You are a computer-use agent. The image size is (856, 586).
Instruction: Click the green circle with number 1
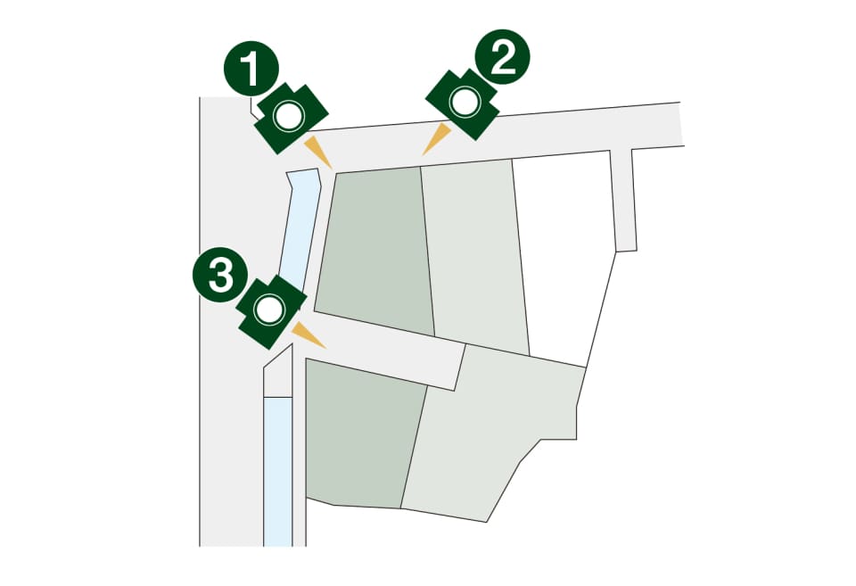pos(251,69)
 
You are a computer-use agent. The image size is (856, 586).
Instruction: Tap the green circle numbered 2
pos(502,57)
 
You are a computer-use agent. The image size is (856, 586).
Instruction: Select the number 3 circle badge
pos(220,275)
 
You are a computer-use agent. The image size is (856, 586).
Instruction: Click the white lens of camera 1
pos(289,116)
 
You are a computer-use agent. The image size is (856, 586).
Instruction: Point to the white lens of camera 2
pos(465,103)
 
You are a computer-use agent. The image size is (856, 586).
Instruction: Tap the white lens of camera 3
pos(269,310)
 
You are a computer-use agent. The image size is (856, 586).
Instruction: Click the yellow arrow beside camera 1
pos(317,152)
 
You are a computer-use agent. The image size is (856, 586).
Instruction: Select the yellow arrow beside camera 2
pos(436,139)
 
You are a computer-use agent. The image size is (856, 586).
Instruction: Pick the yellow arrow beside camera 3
pos(309,334)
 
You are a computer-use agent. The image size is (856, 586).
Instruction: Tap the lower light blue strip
pos(278,471)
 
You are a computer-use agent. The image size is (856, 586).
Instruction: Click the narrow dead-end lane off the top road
pos(623,200)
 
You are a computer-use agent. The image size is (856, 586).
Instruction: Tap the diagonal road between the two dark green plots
pos(383,349)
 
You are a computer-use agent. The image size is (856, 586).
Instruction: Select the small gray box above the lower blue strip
pos(278,376)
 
